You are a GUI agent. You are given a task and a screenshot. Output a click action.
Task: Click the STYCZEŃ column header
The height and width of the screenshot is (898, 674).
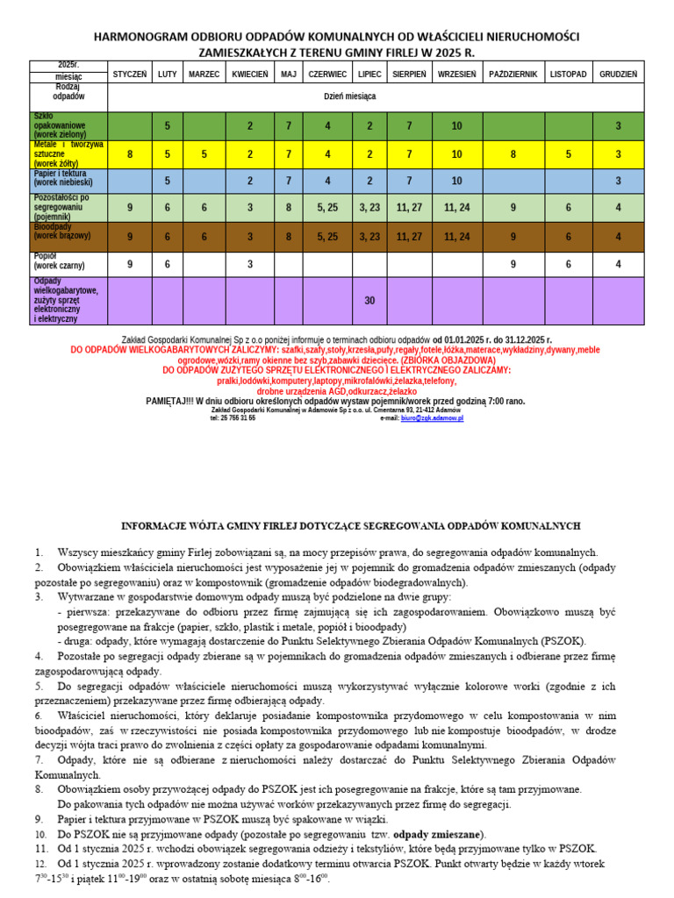click(130, 74)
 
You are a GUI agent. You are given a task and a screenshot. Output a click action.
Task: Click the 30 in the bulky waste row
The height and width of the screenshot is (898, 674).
click(369, 300)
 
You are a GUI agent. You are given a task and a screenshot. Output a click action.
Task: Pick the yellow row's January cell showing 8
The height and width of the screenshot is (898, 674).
click(130, 153)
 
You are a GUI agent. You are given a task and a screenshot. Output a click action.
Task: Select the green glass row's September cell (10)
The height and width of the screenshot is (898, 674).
click(456, 126)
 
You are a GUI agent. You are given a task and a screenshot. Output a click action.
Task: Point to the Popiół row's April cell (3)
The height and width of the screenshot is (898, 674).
click(250, 263)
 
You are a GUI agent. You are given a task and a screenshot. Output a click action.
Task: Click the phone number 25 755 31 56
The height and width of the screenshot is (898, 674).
click(233, 418)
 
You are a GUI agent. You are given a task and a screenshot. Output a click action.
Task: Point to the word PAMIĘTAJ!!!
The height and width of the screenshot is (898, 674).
click(170, 401)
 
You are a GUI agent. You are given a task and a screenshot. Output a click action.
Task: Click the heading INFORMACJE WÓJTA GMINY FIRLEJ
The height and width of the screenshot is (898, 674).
click(349, 526)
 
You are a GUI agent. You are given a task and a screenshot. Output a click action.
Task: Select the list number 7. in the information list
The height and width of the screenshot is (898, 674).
click(39, 759)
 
